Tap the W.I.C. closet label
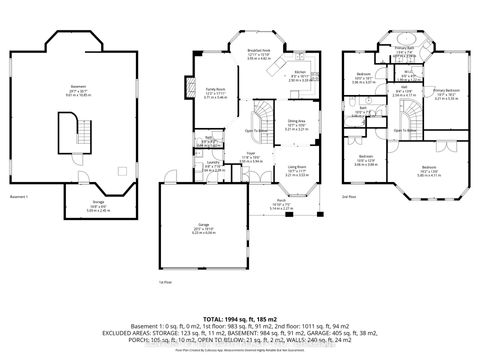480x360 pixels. click(x=409, y=72)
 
